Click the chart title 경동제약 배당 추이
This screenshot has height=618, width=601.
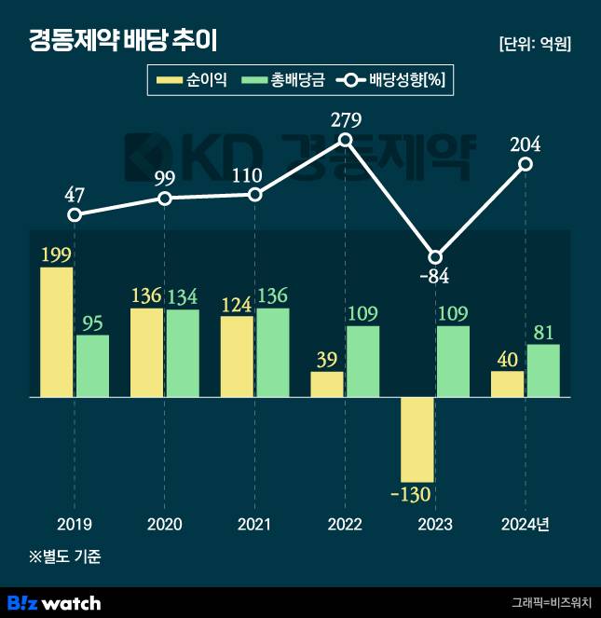point(126,41)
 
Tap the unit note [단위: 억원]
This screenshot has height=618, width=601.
point(535,44)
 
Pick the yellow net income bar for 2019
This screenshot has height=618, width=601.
point(57,332)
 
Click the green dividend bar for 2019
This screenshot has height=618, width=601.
point(92,365)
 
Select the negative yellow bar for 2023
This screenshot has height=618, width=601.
point(417,439)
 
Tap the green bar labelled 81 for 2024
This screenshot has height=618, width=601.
point(543,371)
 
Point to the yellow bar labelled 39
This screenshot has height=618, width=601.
point(327,384)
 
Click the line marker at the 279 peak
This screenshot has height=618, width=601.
point(345,140)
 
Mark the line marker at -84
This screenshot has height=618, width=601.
point(435,257)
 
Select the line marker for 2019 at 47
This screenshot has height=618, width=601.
point(75,215)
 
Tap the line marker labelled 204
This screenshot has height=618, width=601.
point(526,164)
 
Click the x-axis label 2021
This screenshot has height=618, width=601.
point(254,525)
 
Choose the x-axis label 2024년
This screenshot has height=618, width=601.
point(526,525)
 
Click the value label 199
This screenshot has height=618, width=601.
point(57,254)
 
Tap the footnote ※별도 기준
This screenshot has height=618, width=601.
point(65,557)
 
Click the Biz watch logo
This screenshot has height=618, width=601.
point(53,602)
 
